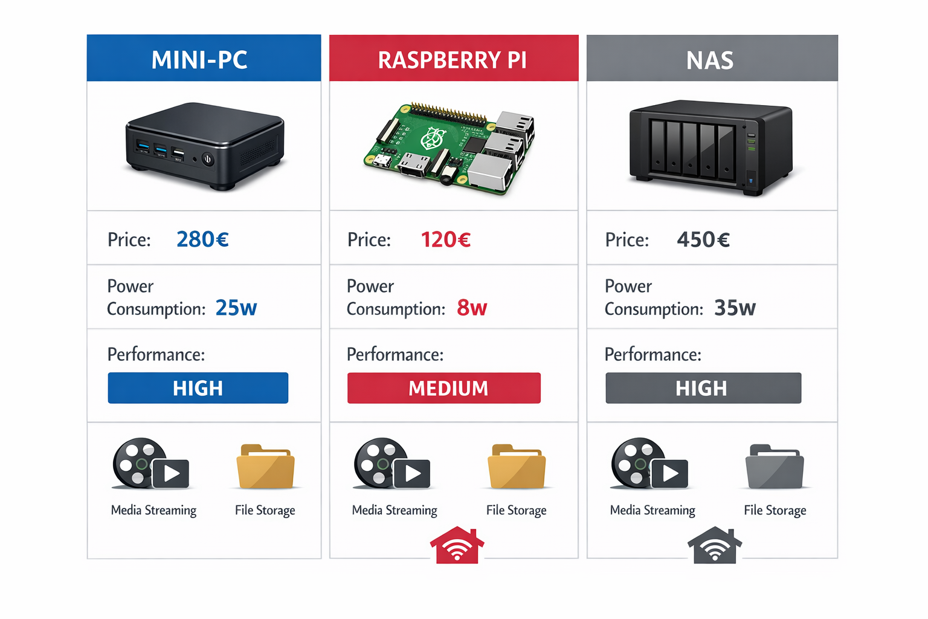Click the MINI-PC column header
tap(199, 60)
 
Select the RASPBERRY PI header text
tap(452, 60)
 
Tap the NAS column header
tap(710, 60)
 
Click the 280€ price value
tap(202, 239)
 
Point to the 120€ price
tap(445, 239)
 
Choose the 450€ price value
tap(703, 239)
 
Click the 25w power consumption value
tap(236, 308)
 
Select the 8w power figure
tap(471, 308)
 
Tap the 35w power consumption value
tap(735, 308)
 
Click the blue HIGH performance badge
tap(198, 388)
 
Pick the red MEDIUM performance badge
tap(444, 388)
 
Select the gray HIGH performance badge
tap(703, 388)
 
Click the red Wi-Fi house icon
tap(457, 545)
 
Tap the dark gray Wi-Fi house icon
tap(715, 545)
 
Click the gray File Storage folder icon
tap(775, 468)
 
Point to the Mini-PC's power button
tap(208, 160)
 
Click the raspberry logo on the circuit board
tap(432, 138)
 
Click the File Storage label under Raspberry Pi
tap(516, 510)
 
